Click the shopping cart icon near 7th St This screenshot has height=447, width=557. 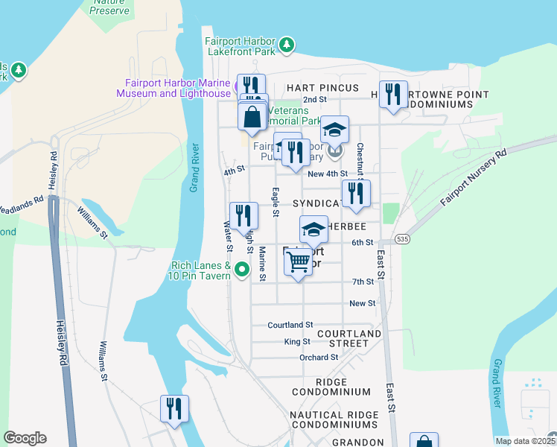298,262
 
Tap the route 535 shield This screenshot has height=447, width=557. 381,239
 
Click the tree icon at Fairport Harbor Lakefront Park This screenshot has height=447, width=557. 287,46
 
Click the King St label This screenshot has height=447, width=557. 296,341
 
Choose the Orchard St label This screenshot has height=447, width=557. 319,358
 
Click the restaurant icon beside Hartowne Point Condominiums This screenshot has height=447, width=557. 393,95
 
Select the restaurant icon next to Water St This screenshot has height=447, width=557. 244,216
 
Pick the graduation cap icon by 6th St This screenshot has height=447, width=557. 313,229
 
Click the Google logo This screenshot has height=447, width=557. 25,438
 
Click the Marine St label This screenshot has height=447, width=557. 262,265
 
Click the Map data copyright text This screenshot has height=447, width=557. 525,441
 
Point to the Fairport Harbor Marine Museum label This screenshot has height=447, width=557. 173,88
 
